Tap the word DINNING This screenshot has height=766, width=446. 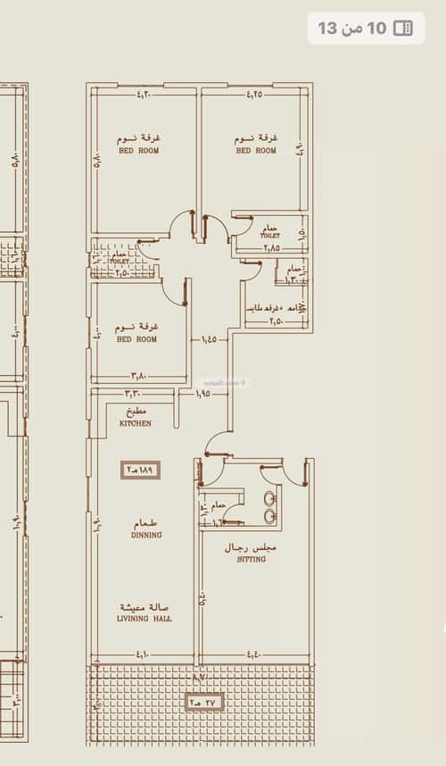(x=145, y=536)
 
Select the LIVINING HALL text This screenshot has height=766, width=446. (x=145, y=618)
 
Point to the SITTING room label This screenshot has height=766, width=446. (x=251, y=559)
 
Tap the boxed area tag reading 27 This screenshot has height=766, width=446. (x=204, y=703)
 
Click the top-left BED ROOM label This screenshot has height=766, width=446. (x=139, y=151)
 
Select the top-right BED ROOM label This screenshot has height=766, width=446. (x=256, y=151)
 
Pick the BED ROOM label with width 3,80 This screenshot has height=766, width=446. (x=136, y=339)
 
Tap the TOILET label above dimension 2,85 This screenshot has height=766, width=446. (x=270, y=235)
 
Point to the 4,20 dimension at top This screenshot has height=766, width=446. (x=146, y=93)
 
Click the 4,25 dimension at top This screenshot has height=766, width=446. (x=254, y=93)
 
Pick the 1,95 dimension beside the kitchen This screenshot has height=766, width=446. (x=203, y=394)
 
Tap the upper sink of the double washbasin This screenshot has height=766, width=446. (x=268, y=497)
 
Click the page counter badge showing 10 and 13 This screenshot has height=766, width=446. (x=366, y=29)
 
